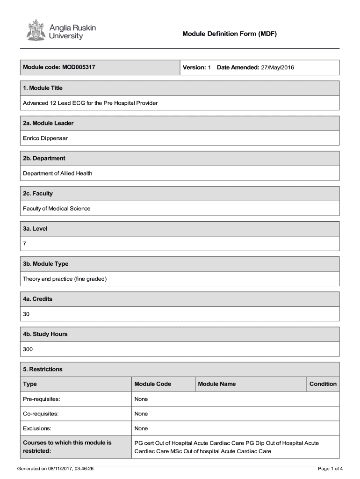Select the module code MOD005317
click(x=79, y=67)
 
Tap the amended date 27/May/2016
click(x=277, y=67)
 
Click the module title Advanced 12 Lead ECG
click(x=90, y=103)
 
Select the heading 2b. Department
click(x=44, y=158)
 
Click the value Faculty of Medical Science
click(x=57, y=209)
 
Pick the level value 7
click(x=25, y=244)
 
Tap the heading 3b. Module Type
click(x=45, y=264)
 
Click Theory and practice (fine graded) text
click(x=65, y=279)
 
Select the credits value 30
click(x=26, y=314)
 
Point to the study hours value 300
click(x=28, y=349)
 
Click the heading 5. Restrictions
click(x=43, y=369)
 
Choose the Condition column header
click(x=323, y=384)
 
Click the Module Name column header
click(x=216, y=384)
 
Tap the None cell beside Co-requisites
click(x=141, y=414)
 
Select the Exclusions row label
click(x=37, y=428)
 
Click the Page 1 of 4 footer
click(x=330, y=468)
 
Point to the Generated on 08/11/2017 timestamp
click(x=55, y=468)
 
